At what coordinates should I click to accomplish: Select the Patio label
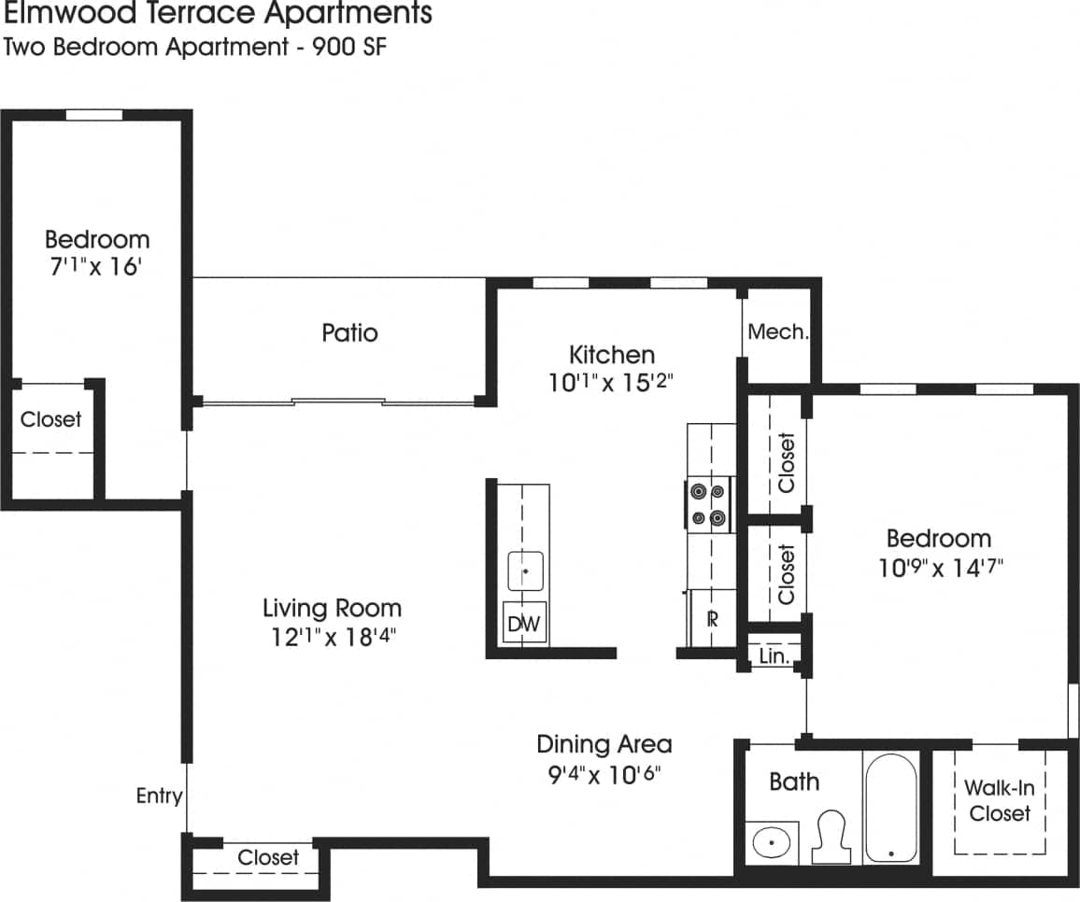point(349,332)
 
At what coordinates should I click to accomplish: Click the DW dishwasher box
point(524,625)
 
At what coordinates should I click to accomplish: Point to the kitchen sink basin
point(526,571)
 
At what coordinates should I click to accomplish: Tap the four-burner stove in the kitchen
point(707,504)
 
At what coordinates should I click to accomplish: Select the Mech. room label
point(777,332)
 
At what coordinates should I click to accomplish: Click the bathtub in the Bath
point(890,808)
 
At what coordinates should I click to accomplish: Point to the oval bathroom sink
point(772,842)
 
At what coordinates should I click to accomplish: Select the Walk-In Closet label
point(999,800)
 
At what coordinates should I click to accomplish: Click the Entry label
point(159,796)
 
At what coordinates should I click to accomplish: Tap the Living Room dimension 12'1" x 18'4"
point(332,637)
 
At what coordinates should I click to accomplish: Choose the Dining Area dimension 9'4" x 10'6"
point(604,774)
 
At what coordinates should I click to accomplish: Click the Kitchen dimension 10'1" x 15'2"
point(612,383)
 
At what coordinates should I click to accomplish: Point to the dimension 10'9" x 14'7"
point(939,567)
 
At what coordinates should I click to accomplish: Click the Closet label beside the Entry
point(268,857)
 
